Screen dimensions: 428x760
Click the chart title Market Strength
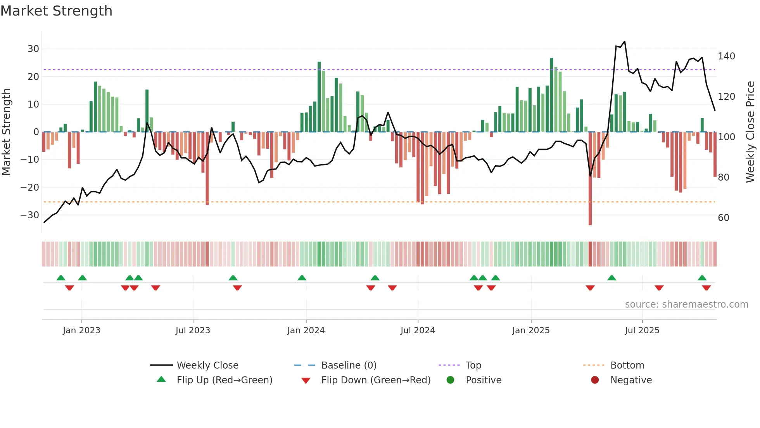coord(56,11)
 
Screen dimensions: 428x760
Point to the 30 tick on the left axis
coord(33,49)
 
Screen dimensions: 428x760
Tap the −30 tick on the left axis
coord(30,215)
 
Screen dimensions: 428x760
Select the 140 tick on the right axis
coord(726,56)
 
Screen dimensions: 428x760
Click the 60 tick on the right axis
coord(724,218)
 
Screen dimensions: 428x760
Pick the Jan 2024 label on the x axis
coord(306,331)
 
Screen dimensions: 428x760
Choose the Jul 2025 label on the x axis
coord(642,331)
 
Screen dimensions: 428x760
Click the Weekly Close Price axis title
coord(750,132)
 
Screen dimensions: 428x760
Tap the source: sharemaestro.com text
coord(686,304)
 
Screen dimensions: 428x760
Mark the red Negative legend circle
coord(595,380)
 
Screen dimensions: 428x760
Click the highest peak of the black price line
coord(625,42)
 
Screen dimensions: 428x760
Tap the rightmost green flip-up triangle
coord(702,278)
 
